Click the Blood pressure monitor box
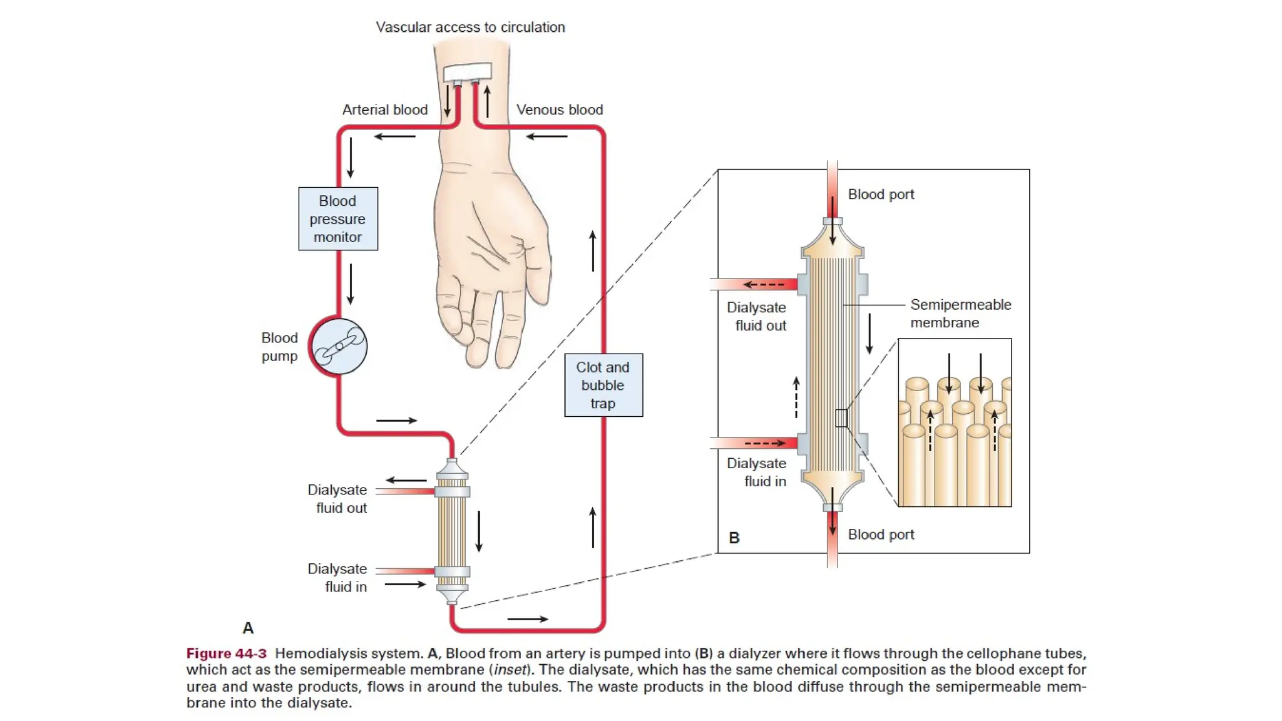click(x=338, y=219)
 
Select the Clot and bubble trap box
click(x=603, y=385)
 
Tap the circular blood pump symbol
click(x=339, y=346)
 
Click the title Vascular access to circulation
click(x=470, y=27)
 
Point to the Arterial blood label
click(x=384, y=110)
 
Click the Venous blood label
click(x=560, y=110)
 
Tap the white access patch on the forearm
click(x=468, y=71)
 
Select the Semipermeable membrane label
click(x=960, y=313)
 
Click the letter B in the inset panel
click(x=734, y=538)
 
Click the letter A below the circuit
click(x=248, y=628)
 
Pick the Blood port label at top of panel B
click(x=881, y=194)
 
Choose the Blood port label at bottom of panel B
click(x=881, y=534)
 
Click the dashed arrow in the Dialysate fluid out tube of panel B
click(x=763, y=284)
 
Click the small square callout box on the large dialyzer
click(x=841, y=418)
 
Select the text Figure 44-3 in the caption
click(x=226, y=653)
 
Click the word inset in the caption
click(x=510, y=670)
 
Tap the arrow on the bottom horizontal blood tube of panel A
click(x=527, y=619)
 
